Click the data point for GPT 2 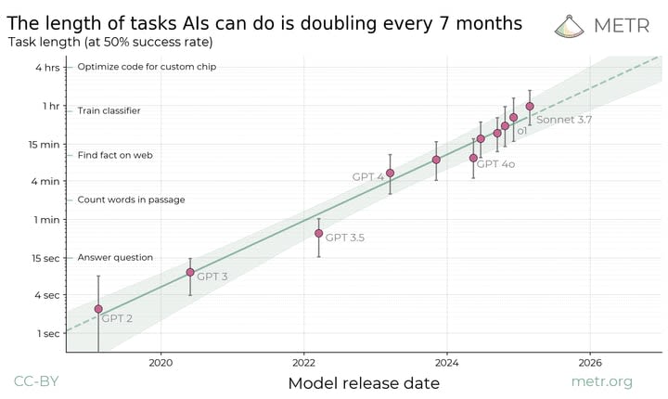[x=98, y=309]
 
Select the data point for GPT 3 [x=190, y=272]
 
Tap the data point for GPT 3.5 [x=318, y=233]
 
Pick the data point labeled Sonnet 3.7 [x=530, y=106]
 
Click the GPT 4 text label [x=367, y=176]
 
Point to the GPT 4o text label [x=495, y=163]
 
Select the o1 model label [x=521, y=131]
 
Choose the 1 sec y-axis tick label [x=48, y=333]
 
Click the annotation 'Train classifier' [x=109, y=110]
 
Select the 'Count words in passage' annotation [x=131, y=199]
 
